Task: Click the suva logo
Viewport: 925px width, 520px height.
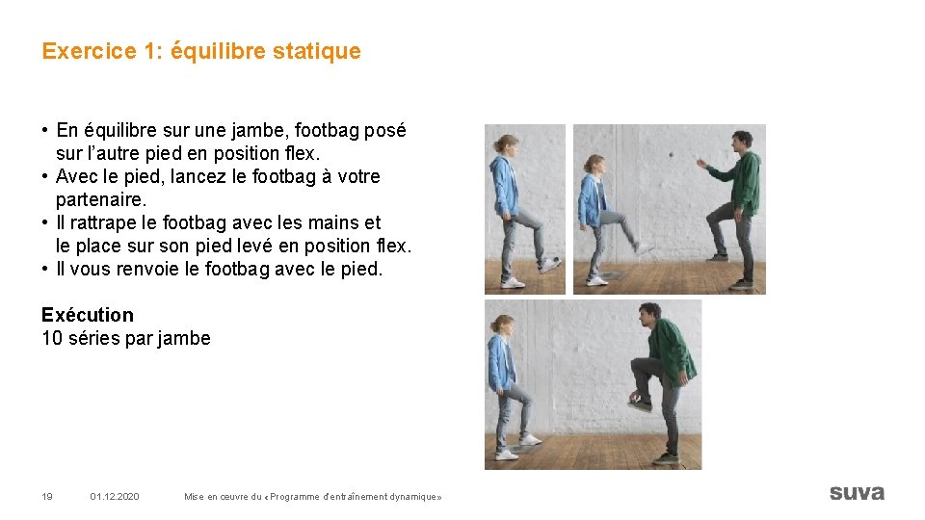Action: tap(856, 492)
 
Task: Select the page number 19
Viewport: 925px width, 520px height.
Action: tap(46, 496)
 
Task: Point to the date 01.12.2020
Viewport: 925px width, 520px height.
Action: tap(115, 496)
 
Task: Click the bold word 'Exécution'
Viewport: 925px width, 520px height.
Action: tap(88, 315)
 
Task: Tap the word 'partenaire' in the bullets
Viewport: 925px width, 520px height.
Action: tap(100, 199)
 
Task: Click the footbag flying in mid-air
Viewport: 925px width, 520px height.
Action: tap(671, 154)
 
